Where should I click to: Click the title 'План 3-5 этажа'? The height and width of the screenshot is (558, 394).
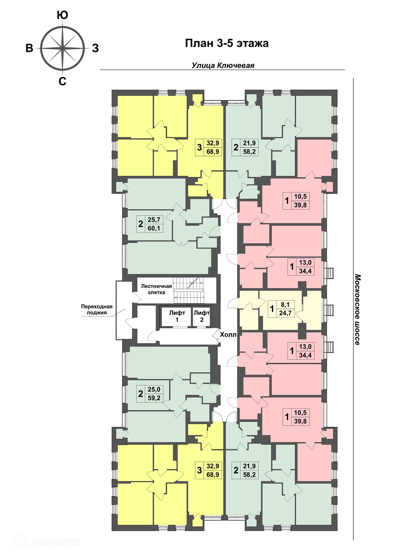pyautogui.click(x=227, y=43)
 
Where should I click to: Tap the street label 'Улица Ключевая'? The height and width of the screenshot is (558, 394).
pyautogui.click(x=223, y=65)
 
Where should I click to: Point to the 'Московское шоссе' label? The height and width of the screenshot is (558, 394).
pyautogui.click(x=357, y=310)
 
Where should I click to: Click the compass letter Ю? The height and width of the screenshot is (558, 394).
pyautogui.click(x=62, y=15)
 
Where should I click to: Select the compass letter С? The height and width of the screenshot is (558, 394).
pyautogui.click(x=62, y=82)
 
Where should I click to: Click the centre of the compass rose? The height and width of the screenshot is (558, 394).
pyautogui.click(x=62, y=48)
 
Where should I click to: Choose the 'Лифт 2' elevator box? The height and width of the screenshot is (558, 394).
pyautogui.click(x=202, y=316)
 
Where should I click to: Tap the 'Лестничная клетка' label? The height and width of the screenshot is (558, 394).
pyautogui.click(x=156, y=289)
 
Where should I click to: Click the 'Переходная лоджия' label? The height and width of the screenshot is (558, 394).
pyautogui.click(x=97, y=310)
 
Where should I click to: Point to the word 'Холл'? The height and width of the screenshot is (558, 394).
pyautogui.click(x=228, y=335)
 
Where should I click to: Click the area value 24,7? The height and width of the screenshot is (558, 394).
pyautogui.click(x=285, y=313)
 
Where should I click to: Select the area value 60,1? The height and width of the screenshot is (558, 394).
pyautogui.click(x=154, y=228)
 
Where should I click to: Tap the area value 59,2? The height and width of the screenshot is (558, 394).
pyautogui.click(x=154, y=398)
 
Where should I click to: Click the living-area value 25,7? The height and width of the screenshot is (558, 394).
pyautogui.click(x=154, y=220)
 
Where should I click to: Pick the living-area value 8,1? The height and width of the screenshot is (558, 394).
pyautogui.click(x=285, y=305)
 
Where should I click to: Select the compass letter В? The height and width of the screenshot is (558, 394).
pyautogui.click(x=29, y=48)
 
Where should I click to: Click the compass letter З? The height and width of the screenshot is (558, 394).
pyautogui.click(x=96, y=48)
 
